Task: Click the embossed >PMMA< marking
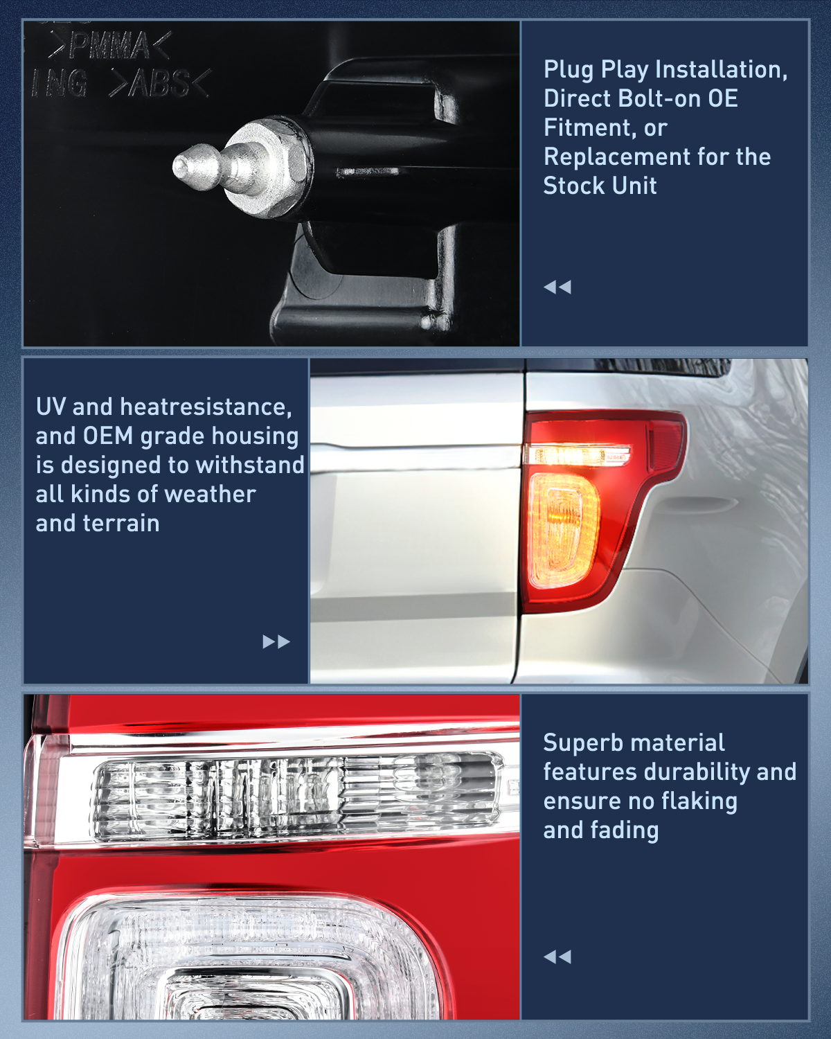[109, 46]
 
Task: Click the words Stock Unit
[600, 186]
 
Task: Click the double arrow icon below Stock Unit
[557, 287]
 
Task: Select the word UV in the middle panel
[51, 407]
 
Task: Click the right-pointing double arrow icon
[276, 641]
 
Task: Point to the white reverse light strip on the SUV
[577, 455]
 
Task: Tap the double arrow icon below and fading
[557, 957]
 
